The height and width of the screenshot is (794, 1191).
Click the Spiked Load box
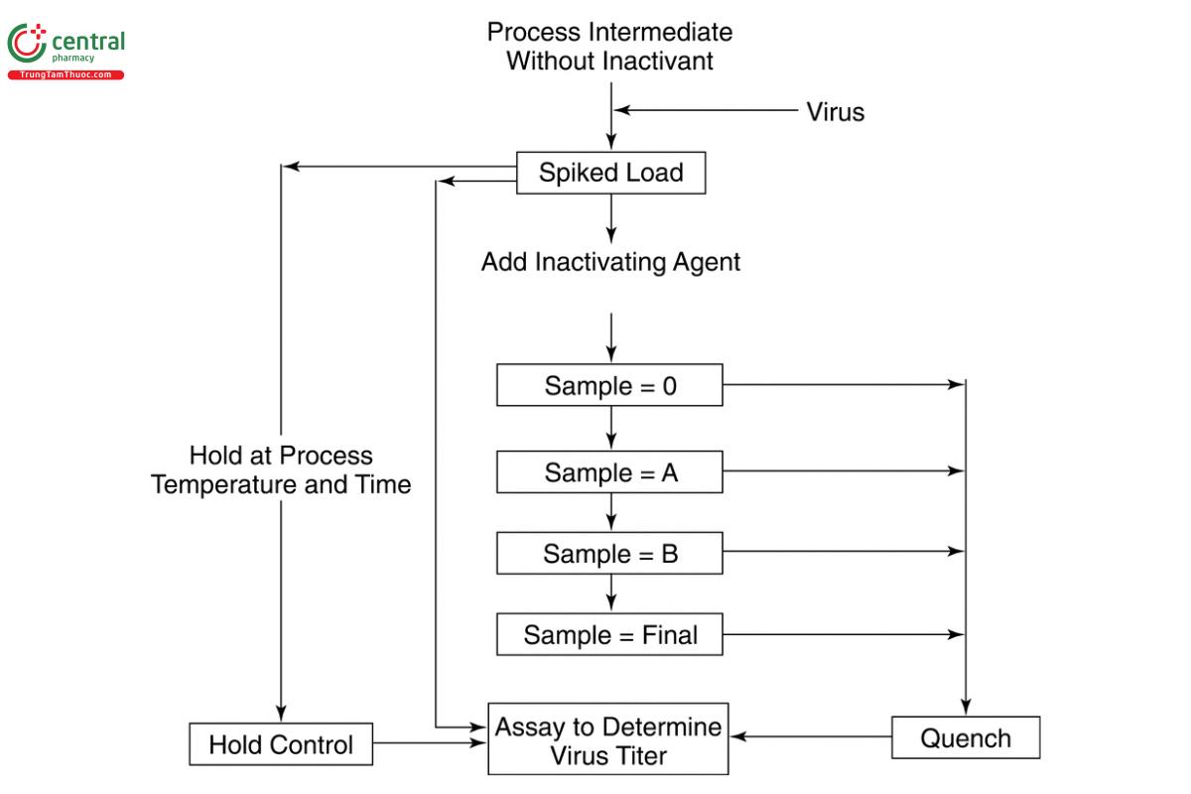[x=610, y=173]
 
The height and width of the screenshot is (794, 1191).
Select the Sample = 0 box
[x=609, y=385]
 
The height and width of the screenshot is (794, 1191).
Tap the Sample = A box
[x=609, y=472]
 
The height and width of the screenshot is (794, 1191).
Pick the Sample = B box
[x=609, y=553]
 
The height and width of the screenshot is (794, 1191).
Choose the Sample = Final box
[x=609, y=634]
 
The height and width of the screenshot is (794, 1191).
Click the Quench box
[x=966, y=738]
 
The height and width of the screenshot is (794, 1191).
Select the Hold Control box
[x=281, y=744]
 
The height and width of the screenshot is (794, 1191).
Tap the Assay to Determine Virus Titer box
[x=608, y=740]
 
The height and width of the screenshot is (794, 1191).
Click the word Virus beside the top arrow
[x=835, y=112]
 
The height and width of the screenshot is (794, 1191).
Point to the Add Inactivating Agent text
[x=610, y=263]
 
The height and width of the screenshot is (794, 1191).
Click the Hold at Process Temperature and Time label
[x=281, y=470]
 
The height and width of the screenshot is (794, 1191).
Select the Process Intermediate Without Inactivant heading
[x=609, y=46]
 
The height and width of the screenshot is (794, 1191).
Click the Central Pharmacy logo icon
[x=27, y=44]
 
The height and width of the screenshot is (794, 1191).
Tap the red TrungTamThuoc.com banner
[x=66, y=75]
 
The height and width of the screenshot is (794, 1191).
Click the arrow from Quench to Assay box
[x=810, y=736]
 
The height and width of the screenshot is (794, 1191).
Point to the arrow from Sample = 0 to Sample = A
[x=610, y=428]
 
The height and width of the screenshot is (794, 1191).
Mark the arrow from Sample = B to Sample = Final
[x=610, y=594]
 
